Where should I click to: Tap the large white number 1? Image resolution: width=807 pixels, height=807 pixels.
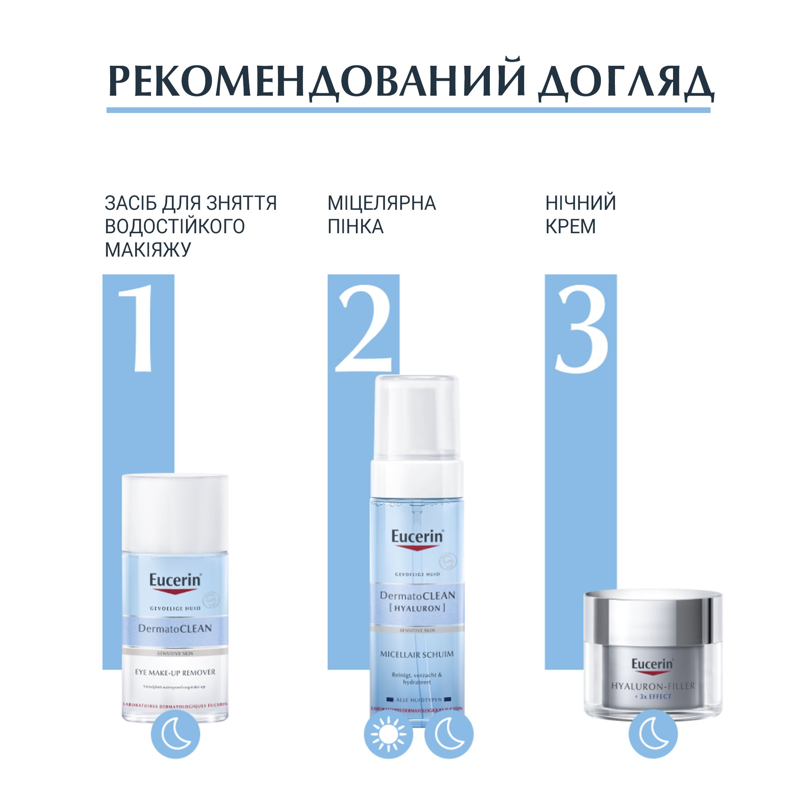[138, 328]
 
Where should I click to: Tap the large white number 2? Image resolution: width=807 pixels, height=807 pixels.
[363, 328]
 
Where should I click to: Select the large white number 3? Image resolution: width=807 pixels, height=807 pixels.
[581, 328]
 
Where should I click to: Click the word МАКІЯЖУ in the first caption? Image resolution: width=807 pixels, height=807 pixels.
[148, 250]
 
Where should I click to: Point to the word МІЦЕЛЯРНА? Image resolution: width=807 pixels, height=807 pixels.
[381, 203]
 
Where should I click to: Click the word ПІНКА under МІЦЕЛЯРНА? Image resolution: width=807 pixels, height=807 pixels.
[355, 227]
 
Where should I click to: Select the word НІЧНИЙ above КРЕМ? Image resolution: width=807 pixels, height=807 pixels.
[581, 203]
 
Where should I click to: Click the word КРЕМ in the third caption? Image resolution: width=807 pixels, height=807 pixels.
[570, 227]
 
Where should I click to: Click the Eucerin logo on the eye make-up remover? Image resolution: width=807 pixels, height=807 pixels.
[175, 581]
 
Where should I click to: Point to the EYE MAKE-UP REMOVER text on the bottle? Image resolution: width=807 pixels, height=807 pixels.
[175, 673]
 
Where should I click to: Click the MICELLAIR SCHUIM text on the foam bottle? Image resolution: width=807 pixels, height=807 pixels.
[416, 654]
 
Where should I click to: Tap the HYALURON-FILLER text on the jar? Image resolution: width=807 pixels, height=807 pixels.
[653, 686]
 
